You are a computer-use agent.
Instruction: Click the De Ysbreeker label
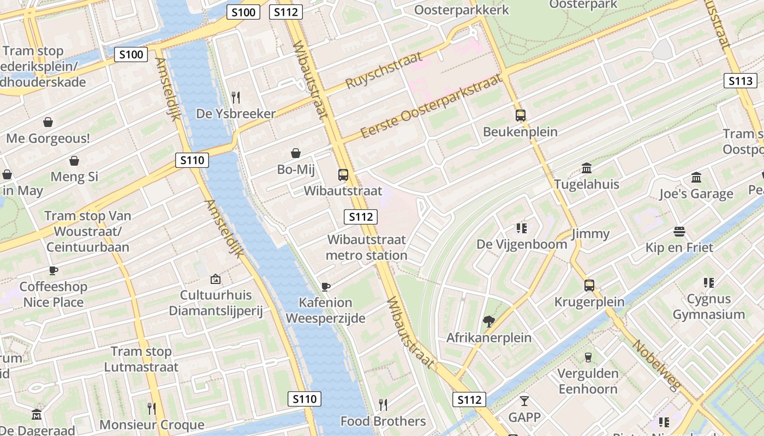(236, 114)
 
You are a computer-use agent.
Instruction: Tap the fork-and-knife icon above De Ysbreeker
(236, 98)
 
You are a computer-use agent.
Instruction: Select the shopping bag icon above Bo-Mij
(296, 153)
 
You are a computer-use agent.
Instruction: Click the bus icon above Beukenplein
(521, 116)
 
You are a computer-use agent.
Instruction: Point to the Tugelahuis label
(587, 184)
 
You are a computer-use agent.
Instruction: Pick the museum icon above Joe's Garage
(696, 178)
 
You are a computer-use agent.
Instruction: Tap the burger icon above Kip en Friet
(679, 232)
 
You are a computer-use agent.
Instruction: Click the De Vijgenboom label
(522, 244)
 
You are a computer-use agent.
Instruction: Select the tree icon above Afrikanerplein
(489, 322)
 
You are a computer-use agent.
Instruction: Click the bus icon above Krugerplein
(589, 286)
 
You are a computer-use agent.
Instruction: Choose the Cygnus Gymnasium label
(708, 306)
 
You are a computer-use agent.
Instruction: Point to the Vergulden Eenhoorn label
(588, 381)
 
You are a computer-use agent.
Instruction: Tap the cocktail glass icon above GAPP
(524, 401)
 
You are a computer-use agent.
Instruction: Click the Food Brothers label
(383, 421)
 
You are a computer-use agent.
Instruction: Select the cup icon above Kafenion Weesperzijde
(326, 286)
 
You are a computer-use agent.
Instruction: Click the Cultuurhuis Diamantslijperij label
(216, 303)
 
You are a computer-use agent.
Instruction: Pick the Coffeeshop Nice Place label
(53, 294)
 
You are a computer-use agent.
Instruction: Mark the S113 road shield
(741, 81)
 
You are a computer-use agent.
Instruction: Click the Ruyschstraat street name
(384, 70)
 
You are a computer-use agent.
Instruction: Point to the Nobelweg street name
(657, 365)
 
